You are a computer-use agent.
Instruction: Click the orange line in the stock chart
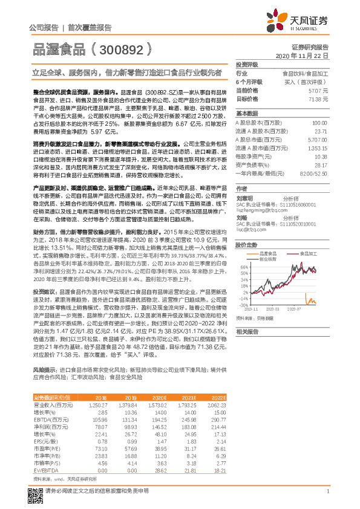point(312,301)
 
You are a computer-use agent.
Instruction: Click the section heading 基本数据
point(247,113)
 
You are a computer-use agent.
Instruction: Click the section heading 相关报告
point(247,331)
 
